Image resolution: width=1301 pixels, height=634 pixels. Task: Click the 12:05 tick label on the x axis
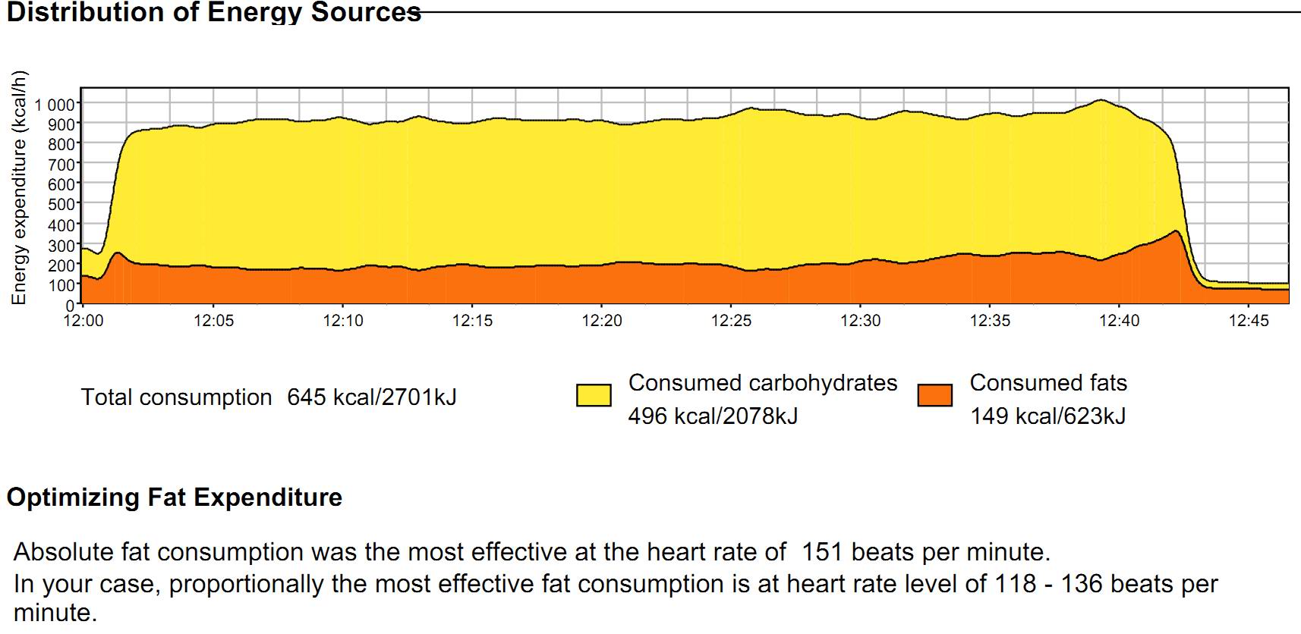coord(214,321)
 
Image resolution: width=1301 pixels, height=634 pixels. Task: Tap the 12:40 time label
coord(1120,321)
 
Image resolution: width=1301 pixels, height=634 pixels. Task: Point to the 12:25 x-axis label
coord(731,321)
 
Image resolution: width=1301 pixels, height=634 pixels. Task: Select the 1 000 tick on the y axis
coord(54,105)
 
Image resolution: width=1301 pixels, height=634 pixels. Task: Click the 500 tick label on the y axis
coord(61,205)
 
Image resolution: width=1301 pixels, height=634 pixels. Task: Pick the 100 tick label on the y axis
coord(61,285)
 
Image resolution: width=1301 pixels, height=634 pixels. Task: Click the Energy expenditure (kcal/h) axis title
coord(19,188)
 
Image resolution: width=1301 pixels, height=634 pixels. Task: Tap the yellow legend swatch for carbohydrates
coord(594,395)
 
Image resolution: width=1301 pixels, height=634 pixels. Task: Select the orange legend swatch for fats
coord(934,395)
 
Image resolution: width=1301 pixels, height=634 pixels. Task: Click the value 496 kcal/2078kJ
coord(713,416)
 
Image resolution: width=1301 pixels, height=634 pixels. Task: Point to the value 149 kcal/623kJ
coord(1047,416)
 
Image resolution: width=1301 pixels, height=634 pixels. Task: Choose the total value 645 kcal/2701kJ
coord(372,397)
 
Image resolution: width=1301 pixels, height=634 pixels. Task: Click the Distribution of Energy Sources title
coord(213,12)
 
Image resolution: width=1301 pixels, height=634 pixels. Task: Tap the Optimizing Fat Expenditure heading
coord(175,497)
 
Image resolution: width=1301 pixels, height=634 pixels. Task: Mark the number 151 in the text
coord(822,551)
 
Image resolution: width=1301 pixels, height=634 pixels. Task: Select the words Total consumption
coord(176,397)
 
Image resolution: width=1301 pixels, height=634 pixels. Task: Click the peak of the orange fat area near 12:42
coord(1176,231)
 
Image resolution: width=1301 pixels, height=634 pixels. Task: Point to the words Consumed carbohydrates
coord(763,383)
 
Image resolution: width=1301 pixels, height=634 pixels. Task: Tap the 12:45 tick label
coord(1249,321)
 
